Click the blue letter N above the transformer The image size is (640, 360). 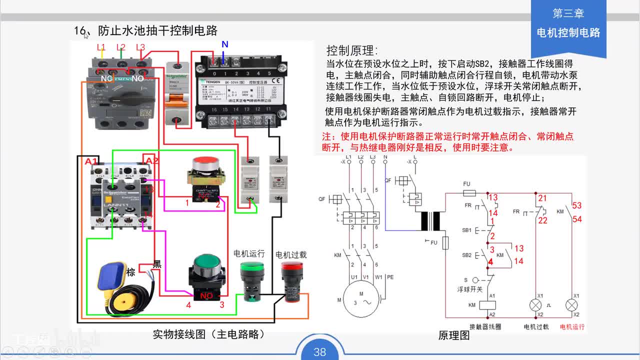[x=225, y=44]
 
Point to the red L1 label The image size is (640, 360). [x=101, y=47]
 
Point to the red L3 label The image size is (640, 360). [x=140, y=47]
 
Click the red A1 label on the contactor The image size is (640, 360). [x=91, y=161]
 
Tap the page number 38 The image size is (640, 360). [x=319, y=352]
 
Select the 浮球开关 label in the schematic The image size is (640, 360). [x=469, y=289]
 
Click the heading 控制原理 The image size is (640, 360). [x=352, y=50]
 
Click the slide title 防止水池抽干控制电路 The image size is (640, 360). [x=157, y=30]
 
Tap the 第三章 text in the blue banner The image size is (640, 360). [x=568, y=13]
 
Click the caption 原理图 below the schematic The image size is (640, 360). [x=453, y=335]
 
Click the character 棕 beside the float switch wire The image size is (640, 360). [x=131, y=272]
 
